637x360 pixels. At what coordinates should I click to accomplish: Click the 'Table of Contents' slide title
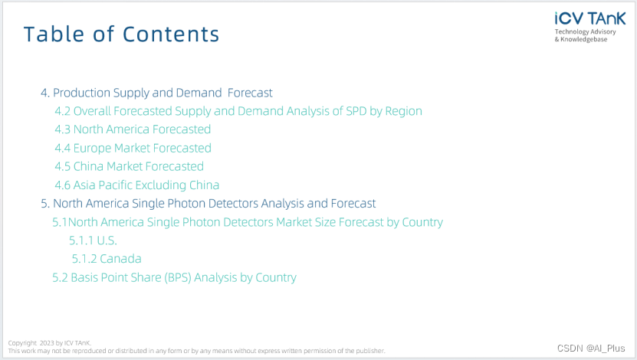pos(121,34)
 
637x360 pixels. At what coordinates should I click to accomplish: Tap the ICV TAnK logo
pos(590,18)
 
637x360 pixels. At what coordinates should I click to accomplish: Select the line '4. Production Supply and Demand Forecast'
pos(156,93)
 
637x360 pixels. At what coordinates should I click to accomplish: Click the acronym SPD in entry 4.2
pos(356,111)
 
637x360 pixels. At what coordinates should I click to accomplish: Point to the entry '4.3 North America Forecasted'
pos(133,129)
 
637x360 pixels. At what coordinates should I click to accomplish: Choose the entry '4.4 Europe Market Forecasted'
pos(133,148)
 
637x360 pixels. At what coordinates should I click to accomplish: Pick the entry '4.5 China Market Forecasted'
pos(130,166)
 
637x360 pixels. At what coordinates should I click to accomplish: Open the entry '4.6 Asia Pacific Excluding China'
pos(137,185)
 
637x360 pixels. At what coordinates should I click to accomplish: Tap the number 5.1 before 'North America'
pos(60,222)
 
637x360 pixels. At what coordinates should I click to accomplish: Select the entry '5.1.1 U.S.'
pos(93,241)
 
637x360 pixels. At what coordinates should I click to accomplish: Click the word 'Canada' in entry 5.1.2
pos(120,259)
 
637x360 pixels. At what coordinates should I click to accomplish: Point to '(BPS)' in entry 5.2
pos(178,277)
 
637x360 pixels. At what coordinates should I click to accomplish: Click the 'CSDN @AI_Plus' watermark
pos(591,349)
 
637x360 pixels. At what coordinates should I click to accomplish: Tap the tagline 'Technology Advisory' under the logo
pos(586,31)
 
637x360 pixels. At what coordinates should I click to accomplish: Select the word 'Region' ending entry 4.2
pos(403,111)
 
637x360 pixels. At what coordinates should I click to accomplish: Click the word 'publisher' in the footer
pos(370,351)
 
